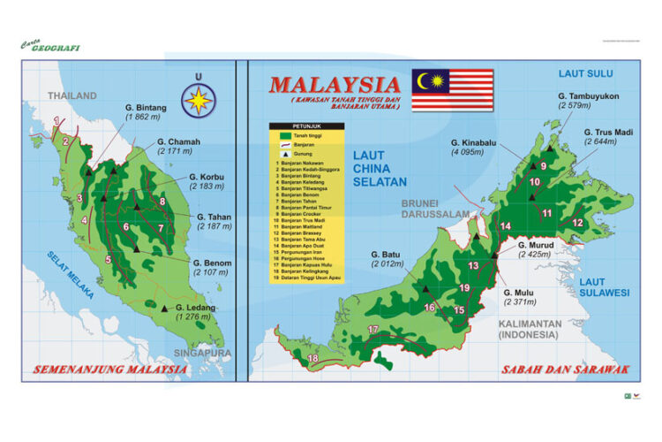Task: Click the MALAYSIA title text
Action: coord(335,86)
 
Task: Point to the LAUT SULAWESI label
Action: coord(605,286)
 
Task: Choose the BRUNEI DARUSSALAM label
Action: coord(434,207)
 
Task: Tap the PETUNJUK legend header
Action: coord(305,126)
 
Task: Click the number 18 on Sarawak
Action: coord(312,358)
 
